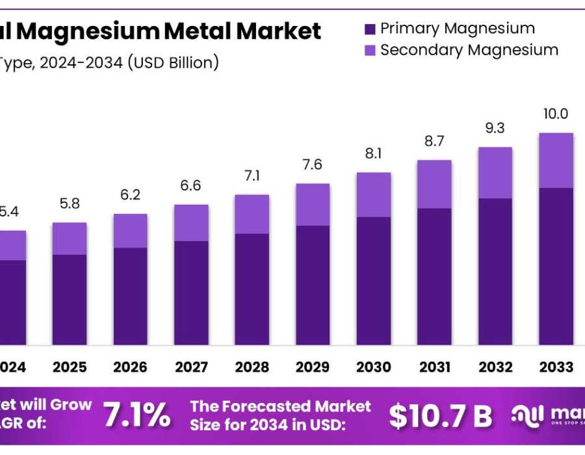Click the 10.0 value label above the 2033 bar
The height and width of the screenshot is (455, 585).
pyautogui.click(x=556, y=114)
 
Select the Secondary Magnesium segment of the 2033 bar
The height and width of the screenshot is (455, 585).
pyautogui.click(x=556, y=161)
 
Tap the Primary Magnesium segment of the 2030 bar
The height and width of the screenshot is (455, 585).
pyautogui.click(x=374, y=280)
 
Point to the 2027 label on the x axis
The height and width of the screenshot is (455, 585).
pyautogui.click(x=191, y=367)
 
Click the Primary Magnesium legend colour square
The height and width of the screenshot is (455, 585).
pyautogui.click(x=370, y=29)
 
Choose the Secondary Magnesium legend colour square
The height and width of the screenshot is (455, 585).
pyautogui.click(x=370, y=51)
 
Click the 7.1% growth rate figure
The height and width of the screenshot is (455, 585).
pyautogui.click(x=138, y=415)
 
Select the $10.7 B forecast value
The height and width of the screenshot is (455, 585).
pyautogui.click(x=440, y=416)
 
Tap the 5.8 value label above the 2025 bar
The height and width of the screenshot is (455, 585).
pyautogui.click(x=70, y=203)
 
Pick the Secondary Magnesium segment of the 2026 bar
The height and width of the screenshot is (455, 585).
pyautogui.click(x=130, y=231)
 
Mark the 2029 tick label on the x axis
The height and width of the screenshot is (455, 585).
pyautogui.click(x=313, y=367)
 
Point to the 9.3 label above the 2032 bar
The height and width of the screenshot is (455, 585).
pyautogui.click(x=495, y=128)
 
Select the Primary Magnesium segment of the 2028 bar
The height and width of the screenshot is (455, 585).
pyautogui.click(x=252, y=289)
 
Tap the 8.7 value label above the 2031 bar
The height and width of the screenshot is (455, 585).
pyautogui.click(x=434, y=140)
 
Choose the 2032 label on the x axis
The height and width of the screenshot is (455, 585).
pyautogui.click(x=495, y=367)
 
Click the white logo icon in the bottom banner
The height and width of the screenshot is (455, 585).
pyautogui.click(x=527, y=415)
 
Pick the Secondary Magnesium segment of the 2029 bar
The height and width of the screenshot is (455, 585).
pyautogui.click(x=313, y=205)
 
